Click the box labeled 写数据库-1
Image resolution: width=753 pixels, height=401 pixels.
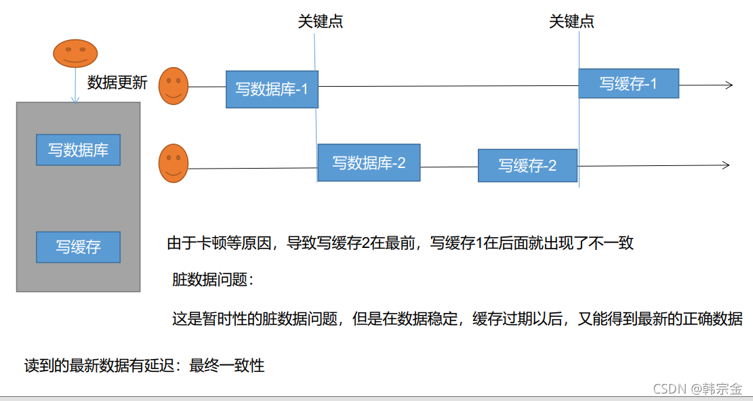point(272,89)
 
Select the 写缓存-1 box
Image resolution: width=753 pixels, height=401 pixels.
point(628,83)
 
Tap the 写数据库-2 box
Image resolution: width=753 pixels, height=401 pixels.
point(369,163)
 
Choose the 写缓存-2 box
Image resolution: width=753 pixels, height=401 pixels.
point(527,165)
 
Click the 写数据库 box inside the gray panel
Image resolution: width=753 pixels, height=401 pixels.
point(78,150)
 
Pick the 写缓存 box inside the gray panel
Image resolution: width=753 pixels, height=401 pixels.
point(78,247)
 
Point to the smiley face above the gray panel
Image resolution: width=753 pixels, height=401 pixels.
point(75,54)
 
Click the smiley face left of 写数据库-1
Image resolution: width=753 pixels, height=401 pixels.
point(174,86)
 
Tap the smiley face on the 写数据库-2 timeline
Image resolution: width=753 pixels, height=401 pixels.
point(174,163)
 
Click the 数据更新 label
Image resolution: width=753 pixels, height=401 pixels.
point(117,83)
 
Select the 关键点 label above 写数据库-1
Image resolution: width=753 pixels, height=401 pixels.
point(321,22)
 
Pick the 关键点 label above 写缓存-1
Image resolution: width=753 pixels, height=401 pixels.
point(571,22)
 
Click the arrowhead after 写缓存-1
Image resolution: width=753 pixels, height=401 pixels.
point(729,85)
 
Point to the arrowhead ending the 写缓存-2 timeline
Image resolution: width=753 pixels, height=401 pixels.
point(726,165)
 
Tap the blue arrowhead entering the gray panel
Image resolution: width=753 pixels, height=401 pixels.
point(75,100)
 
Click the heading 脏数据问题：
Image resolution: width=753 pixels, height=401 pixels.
point(213,279)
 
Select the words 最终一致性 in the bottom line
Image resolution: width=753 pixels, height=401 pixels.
point(226,366)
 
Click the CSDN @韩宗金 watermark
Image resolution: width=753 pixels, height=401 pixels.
point(698,388)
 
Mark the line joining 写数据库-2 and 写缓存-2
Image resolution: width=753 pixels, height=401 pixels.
point(449,167)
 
